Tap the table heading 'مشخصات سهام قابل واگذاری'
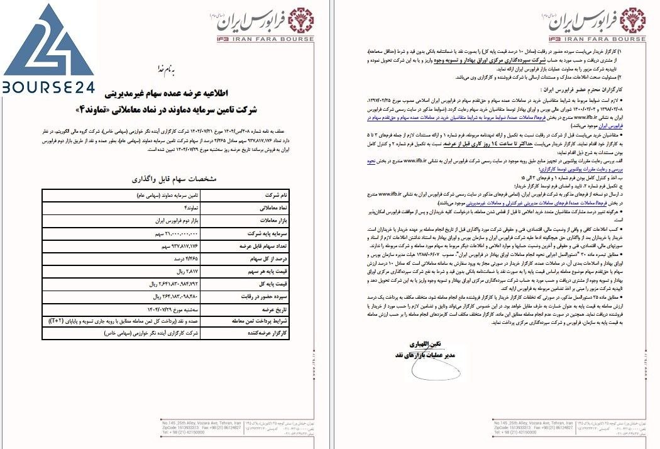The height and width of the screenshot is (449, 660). point(177,179)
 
